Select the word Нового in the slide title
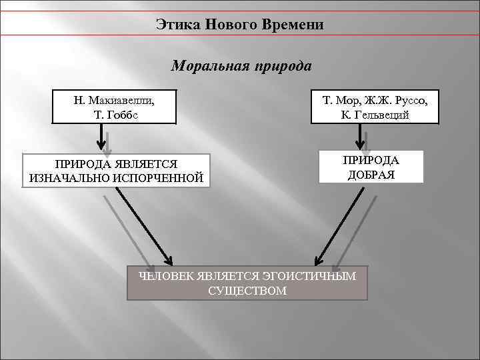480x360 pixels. [229, 25]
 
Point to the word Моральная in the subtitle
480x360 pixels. [207, 67]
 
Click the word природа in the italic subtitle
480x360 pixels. [281, 67]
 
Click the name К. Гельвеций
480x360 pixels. [374, 115]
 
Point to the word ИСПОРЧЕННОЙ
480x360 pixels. [159, 178]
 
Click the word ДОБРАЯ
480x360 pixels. [371, 175]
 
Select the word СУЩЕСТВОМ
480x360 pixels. [247, 291]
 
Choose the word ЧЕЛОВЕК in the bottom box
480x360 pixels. [167, 276]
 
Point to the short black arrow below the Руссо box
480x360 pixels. [361, 138]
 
